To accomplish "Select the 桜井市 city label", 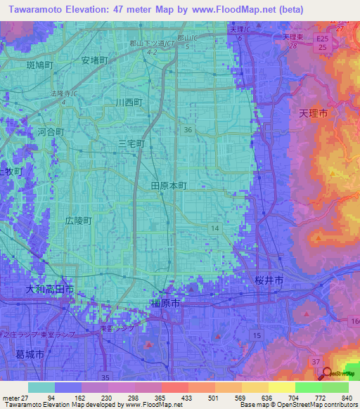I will tap(269, 280).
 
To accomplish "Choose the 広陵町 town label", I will tap(78, 220).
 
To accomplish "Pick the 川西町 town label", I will tap(129, 102).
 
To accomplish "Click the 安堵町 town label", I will tap(94, 60).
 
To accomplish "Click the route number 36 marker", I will tap(187, 129).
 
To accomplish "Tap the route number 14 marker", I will tap(214, 228).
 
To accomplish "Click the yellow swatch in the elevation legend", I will tap(281, 387).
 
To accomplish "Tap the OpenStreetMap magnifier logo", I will tap(328, 373).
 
